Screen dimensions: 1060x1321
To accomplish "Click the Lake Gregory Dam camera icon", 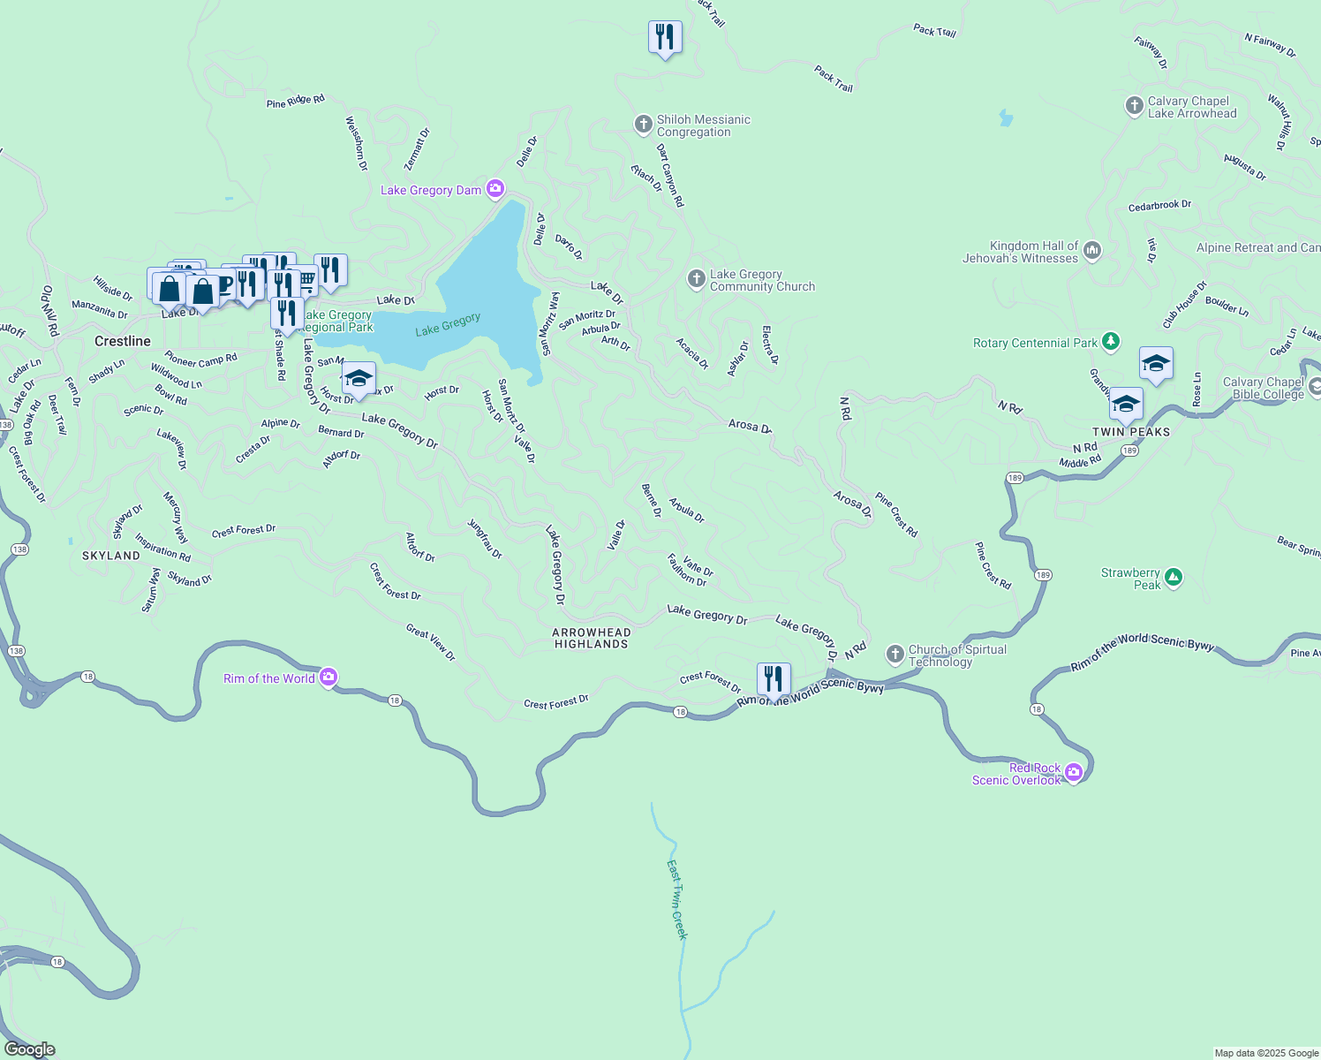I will (495, 188).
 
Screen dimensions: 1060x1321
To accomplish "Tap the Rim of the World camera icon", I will (328, 678).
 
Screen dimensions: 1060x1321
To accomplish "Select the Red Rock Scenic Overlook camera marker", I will (1074, 773).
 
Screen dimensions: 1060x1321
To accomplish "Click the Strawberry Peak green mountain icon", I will (1173, 579).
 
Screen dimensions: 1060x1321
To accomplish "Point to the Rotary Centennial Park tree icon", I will (1111, 342).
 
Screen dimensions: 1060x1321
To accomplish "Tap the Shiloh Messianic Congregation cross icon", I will (644, 125).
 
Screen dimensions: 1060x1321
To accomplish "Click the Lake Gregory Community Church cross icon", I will (697, 280).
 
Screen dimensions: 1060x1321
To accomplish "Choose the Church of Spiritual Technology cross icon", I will (895, 655).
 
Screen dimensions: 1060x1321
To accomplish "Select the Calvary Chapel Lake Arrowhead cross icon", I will (1135, 106).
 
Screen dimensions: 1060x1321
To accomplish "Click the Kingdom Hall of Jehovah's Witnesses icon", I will (1092, 251).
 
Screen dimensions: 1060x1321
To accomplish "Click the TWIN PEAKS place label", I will (1131, 432).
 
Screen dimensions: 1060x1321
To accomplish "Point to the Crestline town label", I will (123, 341).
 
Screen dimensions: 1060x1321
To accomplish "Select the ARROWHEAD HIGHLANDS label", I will (592, 638).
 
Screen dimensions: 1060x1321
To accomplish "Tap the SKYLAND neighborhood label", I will (111, 556).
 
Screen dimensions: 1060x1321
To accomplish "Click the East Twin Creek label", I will (676, 899).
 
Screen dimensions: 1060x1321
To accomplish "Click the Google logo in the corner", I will (29, 1049).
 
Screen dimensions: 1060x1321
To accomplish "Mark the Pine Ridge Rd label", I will (296, 102).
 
